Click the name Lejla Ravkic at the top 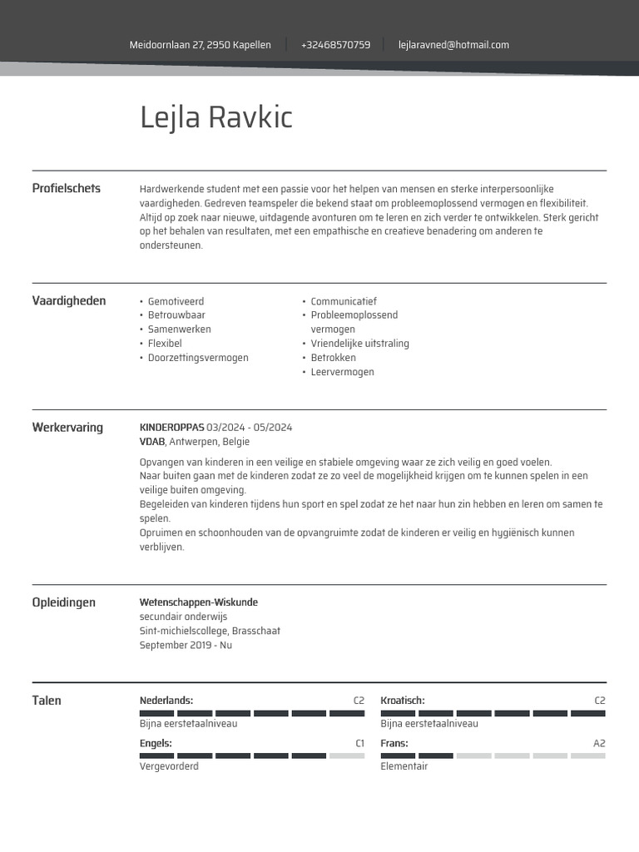216,118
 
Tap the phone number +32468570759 335,45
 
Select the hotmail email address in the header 453,45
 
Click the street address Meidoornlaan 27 200,45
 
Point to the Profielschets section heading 66,188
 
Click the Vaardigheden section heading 69,301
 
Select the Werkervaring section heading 67,428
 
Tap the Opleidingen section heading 63,602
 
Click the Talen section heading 47,701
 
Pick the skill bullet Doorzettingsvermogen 198,358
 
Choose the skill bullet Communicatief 344,301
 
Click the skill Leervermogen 342,372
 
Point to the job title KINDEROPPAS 171,428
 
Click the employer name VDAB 152,442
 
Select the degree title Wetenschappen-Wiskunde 199,602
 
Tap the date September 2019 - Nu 186,645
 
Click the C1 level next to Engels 359,743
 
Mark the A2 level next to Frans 599,743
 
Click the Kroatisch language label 403,701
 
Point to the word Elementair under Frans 404,766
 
